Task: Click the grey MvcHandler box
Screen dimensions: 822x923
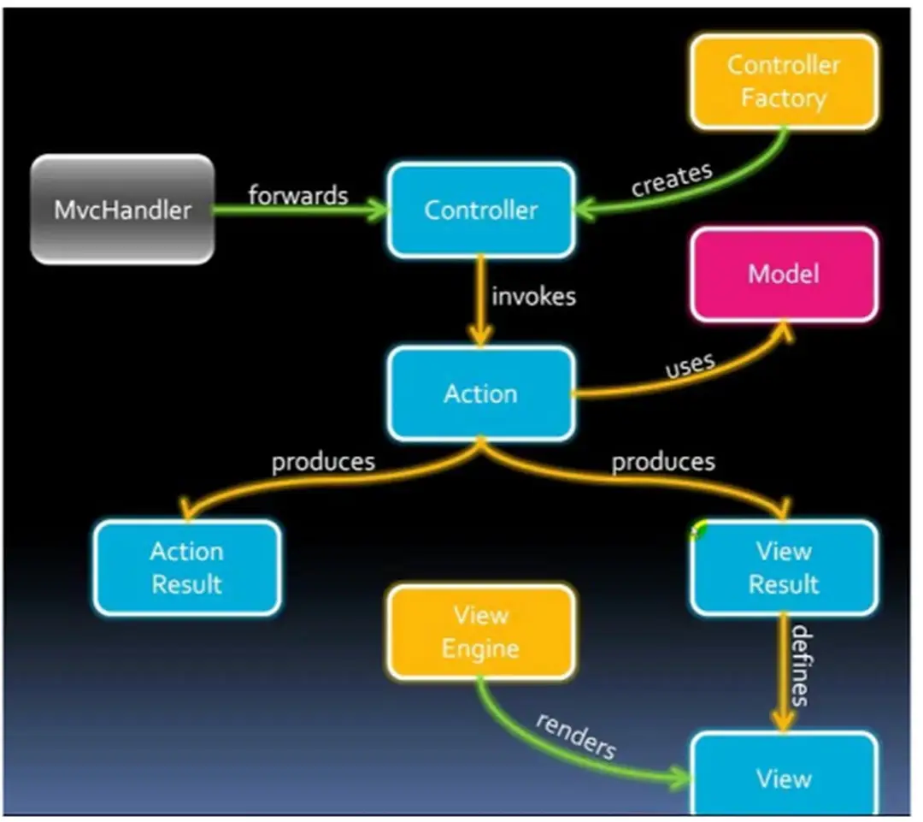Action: (x=122, y=210)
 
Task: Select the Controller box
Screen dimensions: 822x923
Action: (x=481, y=210)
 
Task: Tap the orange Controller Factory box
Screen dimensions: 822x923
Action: (x=783, y=81)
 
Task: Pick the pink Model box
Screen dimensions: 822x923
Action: (x=783, y=275)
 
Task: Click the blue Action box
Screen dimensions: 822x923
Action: (x=481, y=394)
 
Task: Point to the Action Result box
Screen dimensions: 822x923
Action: (x=186, y=568)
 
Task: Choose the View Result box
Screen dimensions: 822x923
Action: (x=783, y=568)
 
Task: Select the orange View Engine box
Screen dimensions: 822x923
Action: (x=481, y=632)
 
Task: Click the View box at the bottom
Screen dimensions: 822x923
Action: (x=783, y=778)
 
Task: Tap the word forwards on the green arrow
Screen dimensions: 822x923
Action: (x=298, y=195)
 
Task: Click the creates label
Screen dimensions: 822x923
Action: (x=672, y=180)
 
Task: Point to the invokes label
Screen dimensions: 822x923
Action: (x=533, y=297)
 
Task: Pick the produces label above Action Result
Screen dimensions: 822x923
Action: (x=323, y=462)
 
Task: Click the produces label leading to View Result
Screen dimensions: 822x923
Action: (x=663, y=462)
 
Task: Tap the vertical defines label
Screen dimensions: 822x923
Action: (x=800, y=666)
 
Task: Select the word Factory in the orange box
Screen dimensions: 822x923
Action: (x=783, y=98)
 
